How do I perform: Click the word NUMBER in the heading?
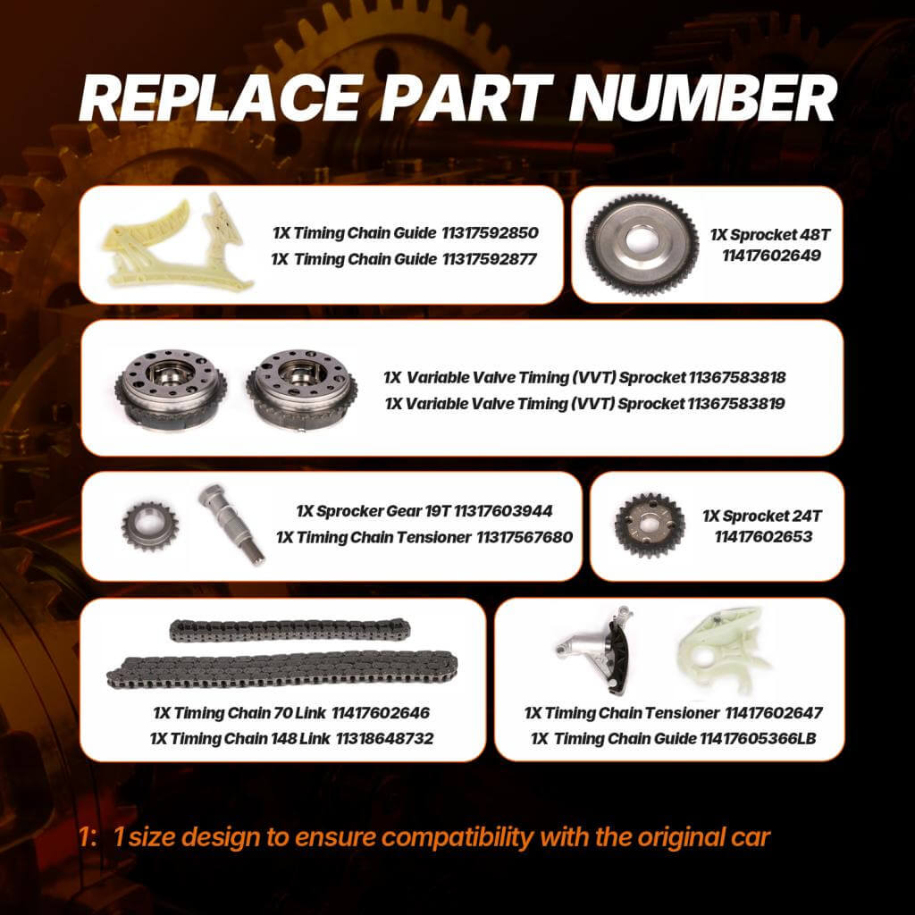(x=702, y=98)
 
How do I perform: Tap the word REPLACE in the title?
(x=219, y=98)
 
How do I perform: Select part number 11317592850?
(x=490, y=233)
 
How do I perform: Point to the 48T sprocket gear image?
(x=642, y=245)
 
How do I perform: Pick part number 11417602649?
(x=771, y=256)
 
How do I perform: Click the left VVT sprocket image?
(x=171, y=388)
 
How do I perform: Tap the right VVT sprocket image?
(x=302, y=390)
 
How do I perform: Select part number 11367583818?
(x=737, y=378)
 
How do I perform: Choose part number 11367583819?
(x=736, y=403)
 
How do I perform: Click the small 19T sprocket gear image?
(x=149, y=526)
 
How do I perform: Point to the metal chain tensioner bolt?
(x=231, y=524)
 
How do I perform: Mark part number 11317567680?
(x=525, y=537)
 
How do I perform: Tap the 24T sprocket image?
(x=650, y=525)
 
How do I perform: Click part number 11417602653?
(x=763, y=537)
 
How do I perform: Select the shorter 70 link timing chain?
(x=290, y=630)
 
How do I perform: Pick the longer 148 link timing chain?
(x=281, y=669)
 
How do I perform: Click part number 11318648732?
(x=384, y=739)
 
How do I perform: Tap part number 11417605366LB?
(x=758, y=739)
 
